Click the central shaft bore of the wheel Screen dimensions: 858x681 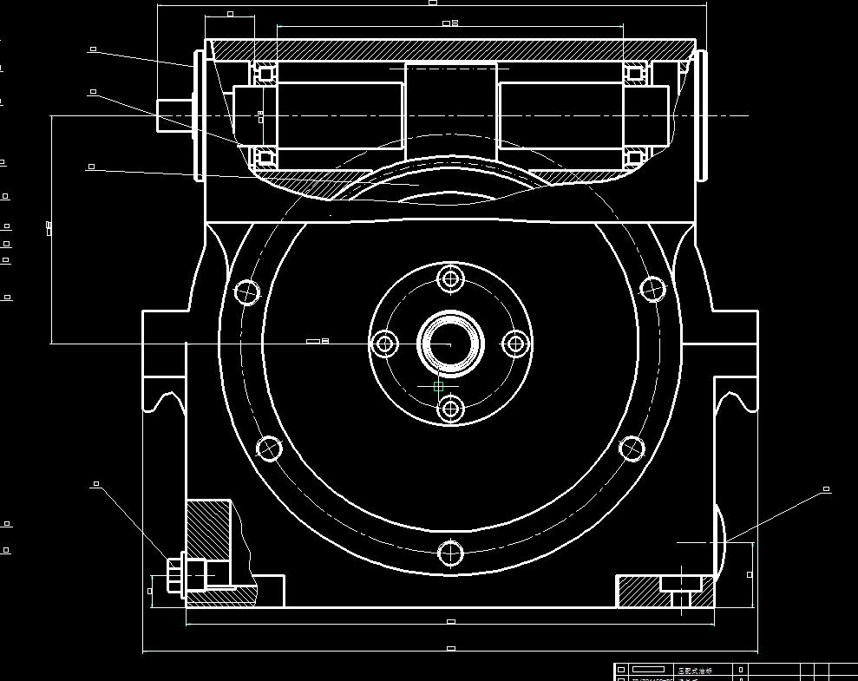click(x=450, y=344)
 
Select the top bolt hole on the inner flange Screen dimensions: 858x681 click(x=450, y=279)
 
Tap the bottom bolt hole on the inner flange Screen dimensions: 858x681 click(x=450, y=408)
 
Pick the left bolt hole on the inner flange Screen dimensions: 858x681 click(x=385, y=344)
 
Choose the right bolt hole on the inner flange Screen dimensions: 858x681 click(x=516, y=344)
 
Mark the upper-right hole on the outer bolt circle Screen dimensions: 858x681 click(x=652, y=289)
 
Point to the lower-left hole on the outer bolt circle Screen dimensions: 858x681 click(x=269, y=449)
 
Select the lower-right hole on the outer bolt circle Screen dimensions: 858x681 click(x=632, y=449)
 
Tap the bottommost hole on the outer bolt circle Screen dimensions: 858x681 click(x=450, y=553)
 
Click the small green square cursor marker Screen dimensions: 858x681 click(x=438, y=387)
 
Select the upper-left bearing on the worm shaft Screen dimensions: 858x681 click(x=265, y=73)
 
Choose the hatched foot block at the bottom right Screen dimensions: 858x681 click(x=642, y=591)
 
